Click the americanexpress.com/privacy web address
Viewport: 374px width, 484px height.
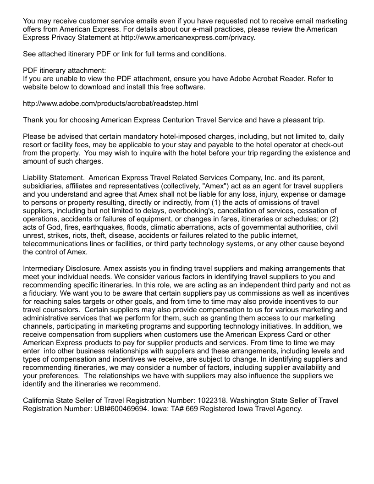tap(197, 38)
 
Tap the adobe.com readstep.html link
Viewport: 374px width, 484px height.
tap(110, 104)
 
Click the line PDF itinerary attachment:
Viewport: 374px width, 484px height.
tap(64, 71)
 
